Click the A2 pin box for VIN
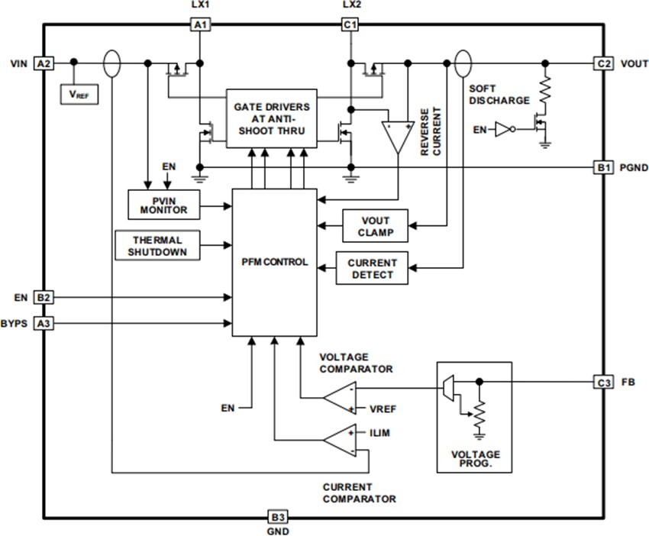44,63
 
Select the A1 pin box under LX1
199,25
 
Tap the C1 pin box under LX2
350,25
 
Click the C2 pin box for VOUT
602,63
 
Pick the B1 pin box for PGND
602,166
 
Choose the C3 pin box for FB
602,381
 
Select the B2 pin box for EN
44,296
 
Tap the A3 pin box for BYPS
44,324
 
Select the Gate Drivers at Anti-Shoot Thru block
271,118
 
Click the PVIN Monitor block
164,205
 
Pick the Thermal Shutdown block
156,246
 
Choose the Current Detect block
372,268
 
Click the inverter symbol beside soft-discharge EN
502,130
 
